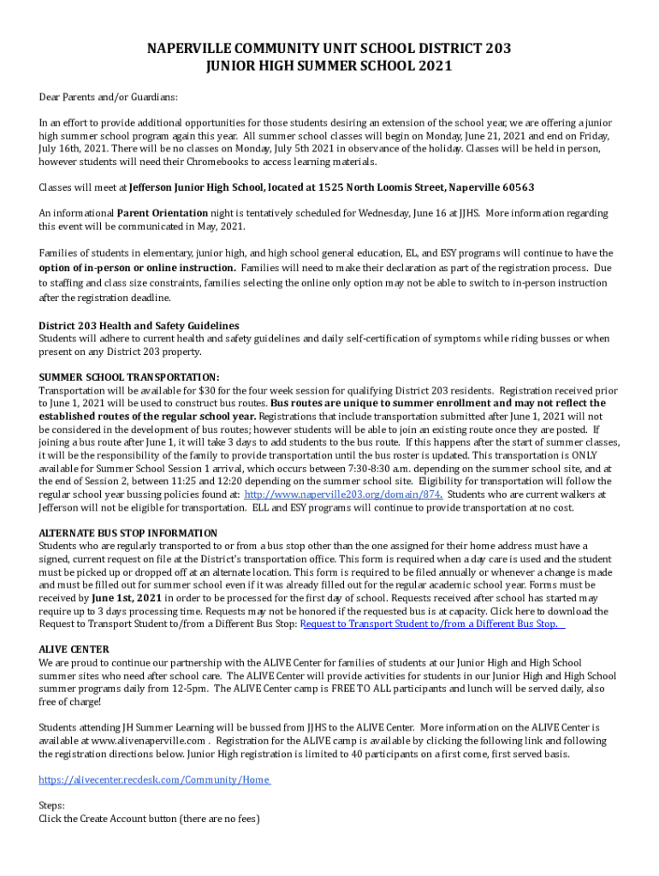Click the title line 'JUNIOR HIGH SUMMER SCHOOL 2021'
point(329,66)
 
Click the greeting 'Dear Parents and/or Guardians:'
point(109,98)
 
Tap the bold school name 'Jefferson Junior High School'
point(197,187)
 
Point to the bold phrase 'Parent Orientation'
point(163,213)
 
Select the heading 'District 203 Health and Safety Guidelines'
point(139,326)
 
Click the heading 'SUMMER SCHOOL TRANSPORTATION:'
point(129,377)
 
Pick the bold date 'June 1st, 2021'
point(128,598)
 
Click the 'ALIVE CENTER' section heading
point(74,649)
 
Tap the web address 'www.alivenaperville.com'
point(146,741)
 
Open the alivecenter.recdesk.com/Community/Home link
point(155,780)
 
